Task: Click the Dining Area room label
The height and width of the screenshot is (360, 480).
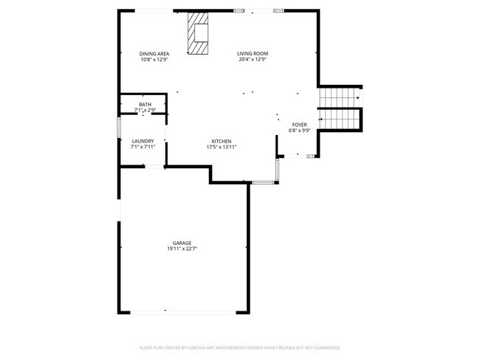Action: (x=155, y=54)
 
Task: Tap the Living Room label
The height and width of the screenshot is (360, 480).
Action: (x=252, y=54)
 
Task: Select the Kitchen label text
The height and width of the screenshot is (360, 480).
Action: (x=222, y=141)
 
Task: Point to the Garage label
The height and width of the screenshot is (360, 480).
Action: (x=182, y=243)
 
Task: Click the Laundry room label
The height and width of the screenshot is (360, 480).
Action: (x=143, y=141)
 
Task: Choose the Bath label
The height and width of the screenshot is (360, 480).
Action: (x=145, y=105)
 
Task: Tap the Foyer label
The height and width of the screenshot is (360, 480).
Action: (x=299, y=125)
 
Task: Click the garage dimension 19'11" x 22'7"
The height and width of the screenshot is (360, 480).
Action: (x=182, y=249)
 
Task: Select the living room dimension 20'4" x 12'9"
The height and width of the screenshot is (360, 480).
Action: (x=252, y=60)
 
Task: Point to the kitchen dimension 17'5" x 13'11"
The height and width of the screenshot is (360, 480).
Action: (x=222, y=147)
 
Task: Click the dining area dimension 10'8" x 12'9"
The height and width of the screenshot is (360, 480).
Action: (x=155, y=60)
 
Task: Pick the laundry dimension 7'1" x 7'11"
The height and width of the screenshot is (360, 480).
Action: (x=143, y=147)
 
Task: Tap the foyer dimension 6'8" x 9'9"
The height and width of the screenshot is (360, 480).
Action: (x=299, y=131)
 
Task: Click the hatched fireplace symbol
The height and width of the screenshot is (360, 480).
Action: (x=197, y=33)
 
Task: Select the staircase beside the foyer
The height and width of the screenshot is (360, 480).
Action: (x=338, y=108)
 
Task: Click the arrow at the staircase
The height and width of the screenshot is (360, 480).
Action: (x=357, y=97)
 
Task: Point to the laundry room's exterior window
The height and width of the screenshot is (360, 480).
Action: (x=120, y=126)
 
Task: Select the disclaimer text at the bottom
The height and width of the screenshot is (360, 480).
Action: (x=239, y=347)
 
